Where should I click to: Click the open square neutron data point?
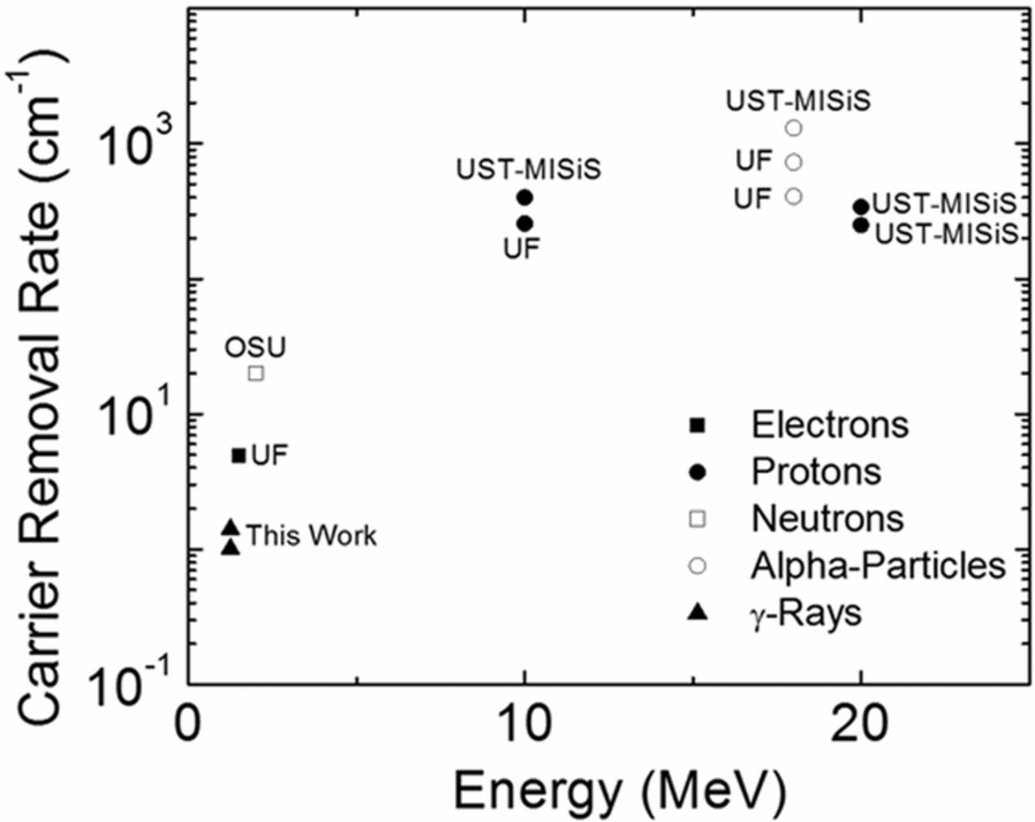tap(256, 373)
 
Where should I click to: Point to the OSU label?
tap(256, 348)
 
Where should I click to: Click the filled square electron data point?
tap(239, 456)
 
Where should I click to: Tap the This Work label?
tap(311, 536)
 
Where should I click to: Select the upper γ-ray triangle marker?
tap(230, 528)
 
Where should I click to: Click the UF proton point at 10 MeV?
tap(524, 223)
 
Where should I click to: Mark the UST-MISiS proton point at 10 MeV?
tap(524, 196)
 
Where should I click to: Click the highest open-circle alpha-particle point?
tap(794, 128)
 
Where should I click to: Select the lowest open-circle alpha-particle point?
tap(794, 196)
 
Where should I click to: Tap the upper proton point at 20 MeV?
tap(861, 207)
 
